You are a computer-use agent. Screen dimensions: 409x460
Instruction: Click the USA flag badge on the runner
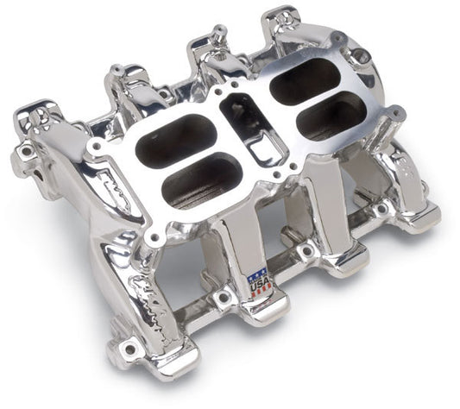(x=259, y=284)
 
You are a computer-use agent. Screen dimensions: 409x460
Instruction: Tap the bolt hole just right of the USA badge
(x=306, y=251)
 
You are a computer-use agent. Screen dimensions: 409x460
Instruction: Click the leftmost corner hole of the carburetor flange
(x=95, y=147)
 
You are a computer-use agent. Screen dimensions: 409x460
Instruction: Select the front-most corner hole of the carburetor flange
(x=155, y=236)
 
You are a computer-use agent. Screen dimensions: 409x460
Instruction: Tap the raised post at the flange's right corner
(x=394, y=113)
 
